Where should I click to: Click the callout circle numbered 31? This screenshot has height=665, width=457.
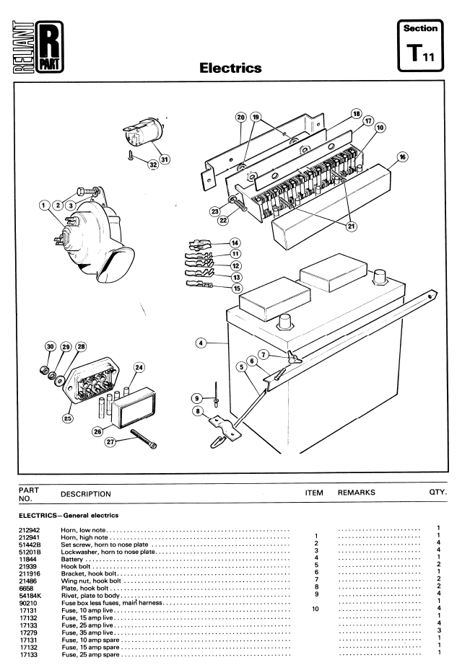[x=165, y=159]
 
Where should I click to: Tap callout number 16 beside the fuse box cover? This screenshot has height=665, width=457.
[x=402, y=157]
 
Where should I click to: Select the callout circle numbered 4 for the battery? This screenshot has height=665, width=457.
[x=201, y=343]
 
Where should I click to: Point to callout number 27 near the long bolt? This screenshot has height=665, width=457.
[x=110, y=442]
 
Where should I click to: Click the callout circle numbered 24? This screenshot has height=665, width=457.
[x=139, y=367]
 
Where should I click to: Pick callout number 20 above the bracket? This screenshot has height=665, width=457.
[x=240, y=117]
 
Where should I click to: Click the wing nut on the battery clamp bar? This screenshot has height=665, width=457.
[x=294, y=358]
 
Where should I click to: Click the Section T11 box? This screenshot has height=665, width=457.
[x=420, y=45]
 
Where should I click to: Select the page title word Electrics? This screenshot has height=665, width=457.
[x=230, y=68]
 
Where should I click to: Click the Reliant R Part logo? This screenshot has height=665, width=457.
[x=38, y=47]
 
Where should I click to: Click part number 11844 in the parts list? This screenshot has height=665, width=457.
[x=27, y=559]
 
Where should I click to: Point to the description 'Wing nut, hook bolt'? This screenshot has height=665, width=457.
[x=91, y=581]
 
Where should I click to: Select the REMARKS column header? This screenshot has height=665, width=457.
[x=357, y=493]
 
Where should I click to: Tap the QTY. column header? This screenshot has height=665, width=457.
[x=438, y=492]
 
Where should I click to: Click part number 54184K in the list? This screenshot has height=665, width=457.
[x=30, y=596]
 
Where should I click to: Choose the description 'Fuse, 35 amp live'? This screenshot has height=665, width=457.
[x=87, y=633]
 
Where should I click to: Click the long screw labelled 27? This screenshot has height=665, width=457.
[x=144, y=439]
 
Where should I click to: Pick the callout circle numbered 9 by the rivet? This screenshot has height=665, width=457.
[x=196, y=398]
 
